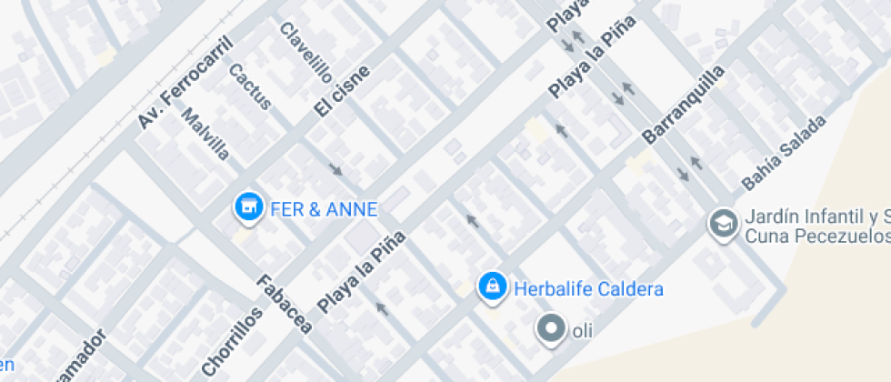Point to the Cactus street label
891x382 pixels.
tap(250, 86)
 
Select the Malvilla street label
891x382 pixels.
tap(205, 134)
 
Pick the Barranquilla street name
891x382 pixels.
tap(684, 105)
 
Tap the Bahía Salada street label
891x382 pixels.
tap(784, 152)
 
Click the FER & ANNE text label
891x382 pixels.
tap(324, 209)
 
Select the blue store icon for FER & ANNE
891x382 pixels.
tap(245, 208)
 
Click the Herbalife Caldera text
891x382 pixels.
tap(588, 289)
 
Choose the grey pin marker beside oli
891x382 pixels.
tap(550, 329)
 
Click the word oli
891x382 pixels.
tap(582, 331)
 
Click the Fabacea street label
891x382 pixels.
tap(285, 303)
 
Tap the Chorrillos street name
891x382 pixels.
tap(232, 340)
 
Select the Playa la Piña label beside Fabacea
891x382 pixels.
tap(361, 270)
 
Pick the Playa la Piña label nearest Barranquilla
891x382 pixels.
tap(590, 56)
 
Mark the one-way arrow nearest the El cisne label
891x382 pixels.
tap(335, 168)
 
